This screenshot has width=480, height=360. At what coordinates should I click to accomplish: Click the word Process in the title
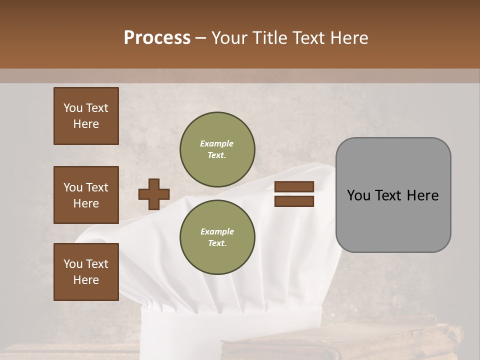[x=157, y=38]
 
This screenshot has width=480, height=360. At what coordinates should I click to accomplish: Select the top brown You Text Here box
[x=86, y=116]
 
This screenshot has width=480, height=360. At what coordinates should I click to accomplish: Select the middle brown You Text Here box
[x=86, y=195]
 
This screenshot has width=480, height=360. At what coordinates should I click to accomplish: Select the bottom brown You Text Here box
[x=86, y=272]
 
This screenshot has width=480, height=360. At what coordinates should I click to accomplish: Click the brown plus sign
[x=154, y=194]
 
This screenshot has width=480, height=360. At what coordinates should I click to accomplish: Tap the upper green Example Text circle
[x=217, y=149]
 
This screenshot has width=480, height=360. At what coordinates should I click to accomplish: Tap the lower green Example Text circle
[x=217, y=237]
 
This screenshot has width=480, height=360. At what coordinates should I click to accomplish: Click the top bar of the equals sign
[x=294, y=187]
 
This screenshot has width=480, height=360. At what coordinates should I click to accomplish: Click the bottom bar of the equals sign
[x=294, y=201]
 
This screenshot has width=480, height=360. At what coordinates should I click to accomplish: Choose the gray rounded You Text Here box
[x=393, y=195]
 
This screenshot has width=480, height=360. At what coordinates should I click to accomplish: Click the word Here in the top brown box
[x=86, y=124]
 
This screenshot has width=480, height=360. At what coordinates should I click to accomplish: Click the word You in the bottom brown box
[x=73, y=264]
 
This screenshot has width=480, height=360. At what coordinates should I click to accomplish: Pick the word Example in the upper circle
[x=217, y=143]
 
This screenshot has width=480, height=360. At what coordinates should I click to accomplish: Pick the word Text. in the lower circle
[x=217, y=243]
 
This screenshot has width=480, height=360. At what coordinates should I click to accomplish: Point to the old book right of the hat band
[x=380, y=340]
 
